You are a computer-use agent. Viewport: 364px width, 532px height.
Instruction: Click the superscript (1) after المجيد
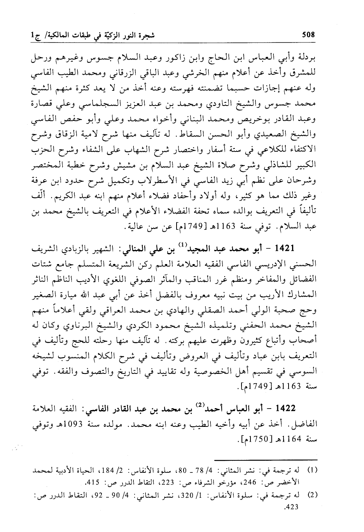(181, 245)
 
